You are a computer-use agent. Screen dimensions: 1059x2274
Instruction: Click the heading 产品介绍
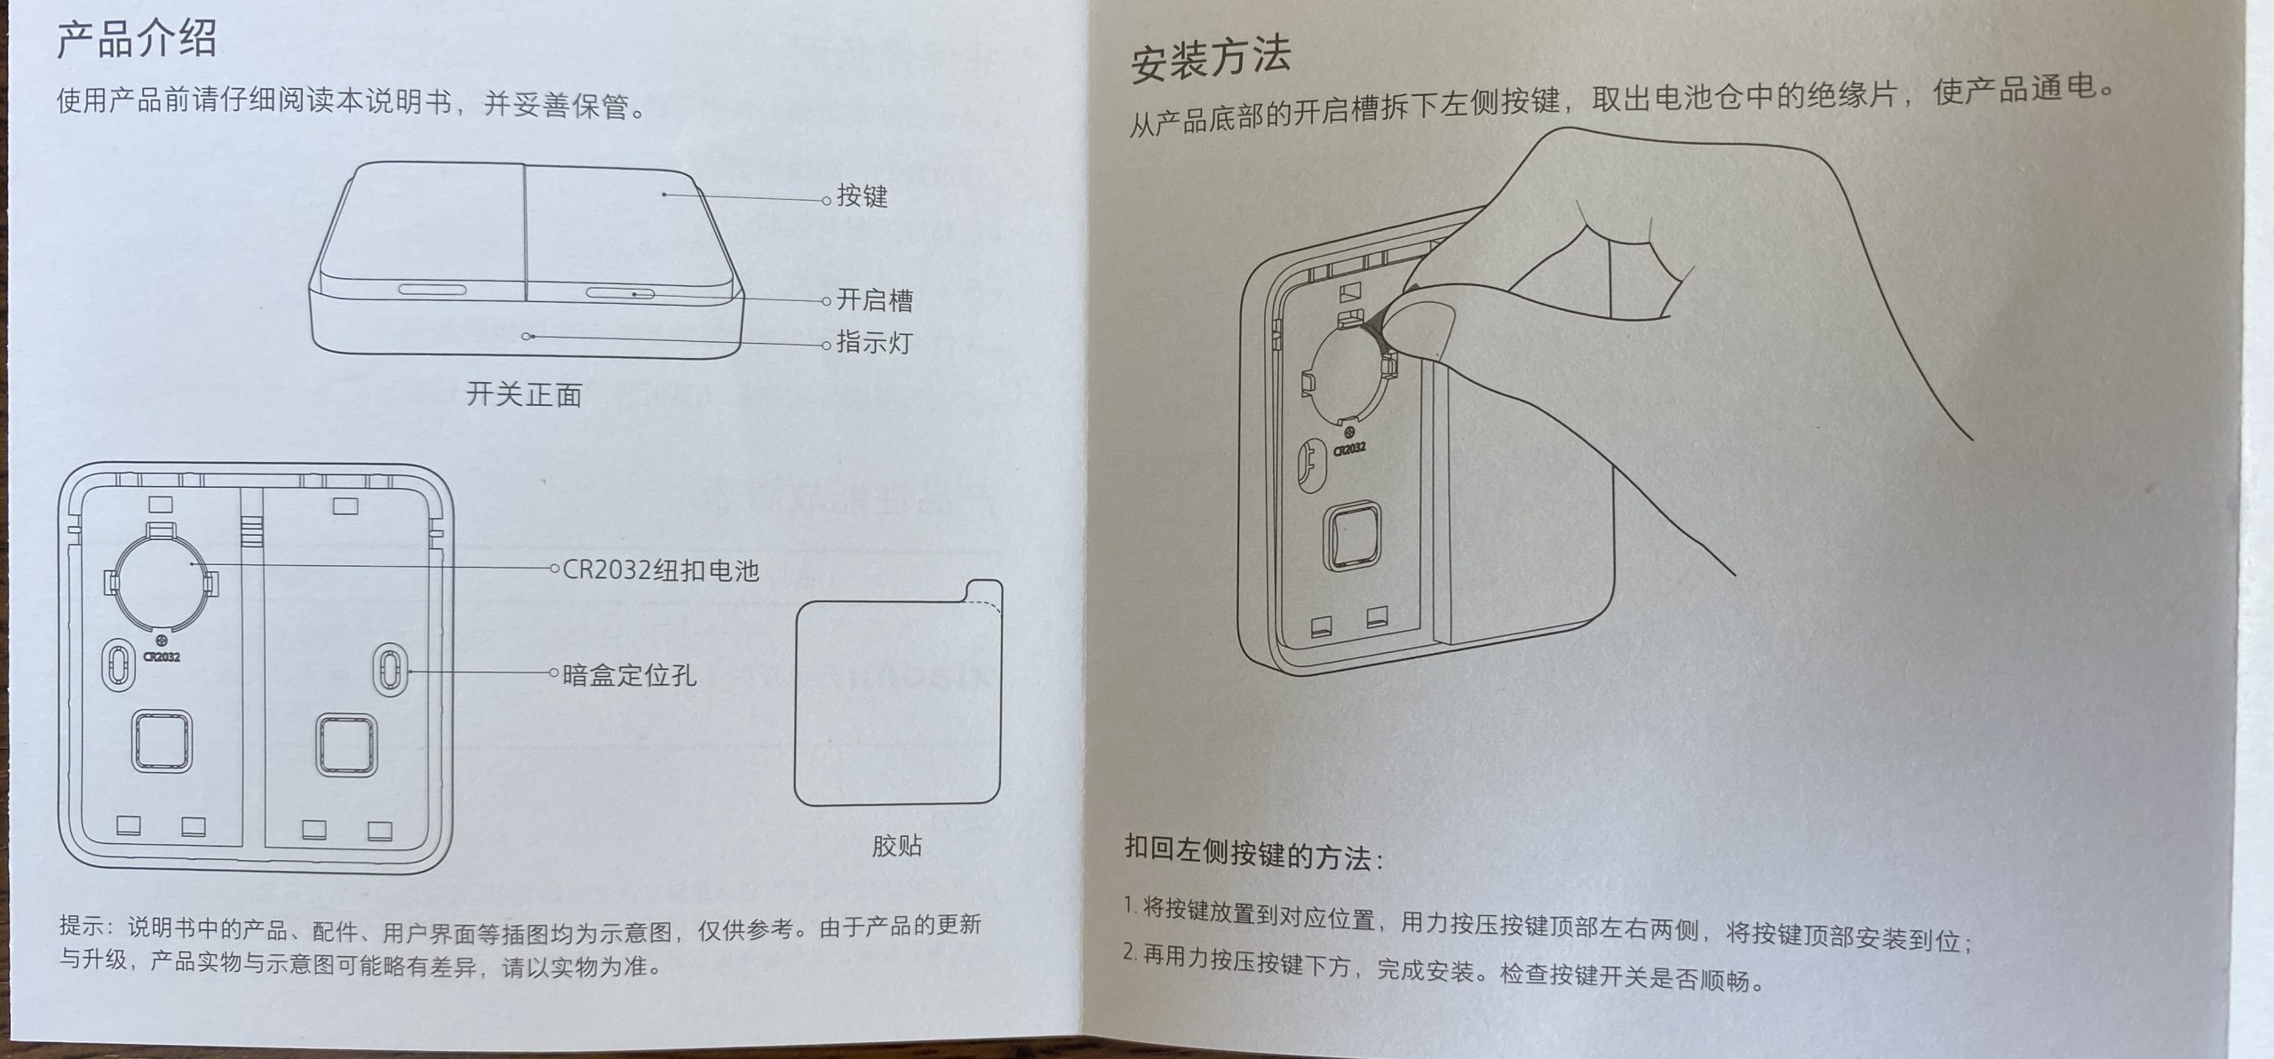click(136, 41)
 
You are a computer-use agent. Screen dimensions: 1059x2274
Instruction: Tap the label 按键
click(861, 196)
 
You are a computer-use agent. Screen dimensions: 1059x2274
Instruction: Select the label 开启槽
click(874, 300)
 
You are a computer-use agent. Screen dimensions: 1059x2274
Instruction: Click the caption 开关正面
click(523, 394)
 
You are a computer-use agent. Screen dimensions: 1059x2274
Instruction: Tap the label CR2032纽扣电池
click(660, 569)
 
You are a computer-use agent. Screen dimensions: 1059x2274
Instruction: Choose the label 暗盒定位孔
click(629, 674)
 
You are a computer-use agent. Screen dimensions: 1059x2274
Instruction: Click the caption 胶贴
click(895, 845)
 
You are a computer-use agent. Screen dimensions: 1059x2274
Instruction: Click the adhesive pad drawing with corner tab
click(897, 702)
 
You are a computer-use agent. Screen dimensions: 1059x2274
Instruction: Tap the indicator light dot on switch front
click(527, 337)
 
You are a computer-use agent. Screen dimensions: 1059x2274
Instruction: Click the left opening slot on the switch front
click(431, 290)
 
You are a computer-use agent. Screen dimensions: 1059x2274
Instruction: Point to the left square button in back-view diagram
click(162, 740)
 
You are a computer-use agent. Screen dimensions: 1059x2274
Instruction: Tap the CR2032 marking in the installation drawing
click(1348, 450)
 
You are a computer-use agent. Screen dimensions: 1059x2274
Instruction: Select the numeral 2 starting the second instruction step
click(1129, 952)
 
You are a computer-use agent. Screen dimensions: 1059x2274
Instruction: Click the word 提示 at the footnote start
click(82, 925)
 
